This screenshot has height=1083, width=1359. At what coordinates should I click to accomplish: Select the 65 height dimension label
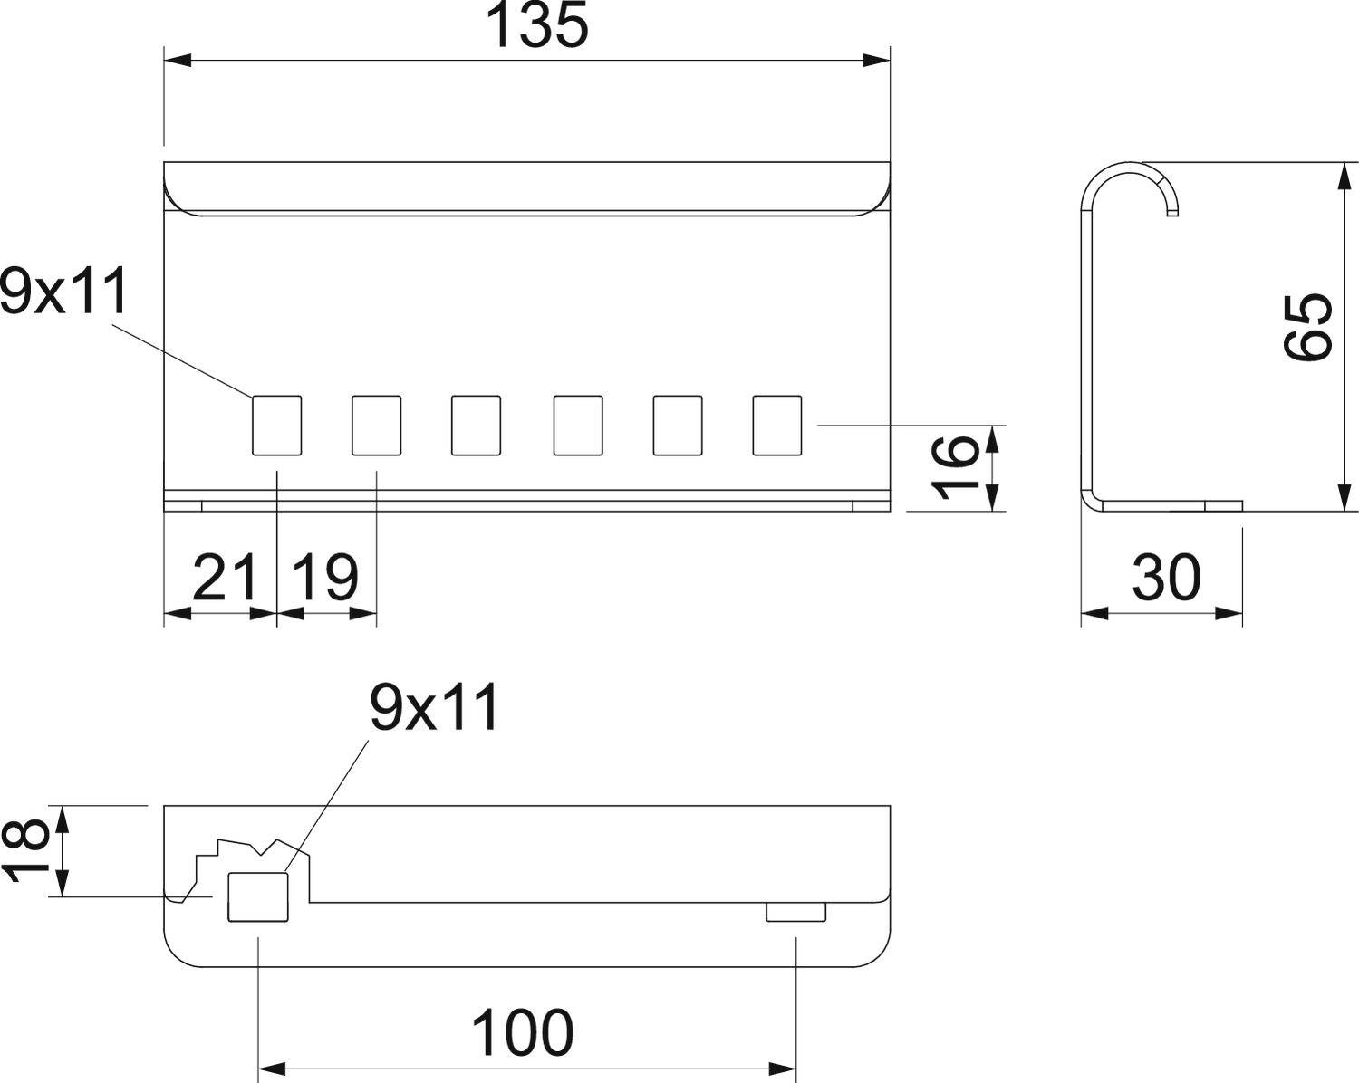[1308, 327]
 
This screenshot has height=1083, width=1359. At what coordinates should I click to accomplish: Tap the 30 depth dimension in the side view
[1166, 578]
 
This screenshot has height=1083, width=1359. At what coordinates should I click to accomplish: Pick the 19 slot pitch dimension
[325, 578]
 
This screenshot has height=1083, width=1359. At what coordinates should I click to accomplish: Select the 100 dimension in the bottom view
[523, 1032]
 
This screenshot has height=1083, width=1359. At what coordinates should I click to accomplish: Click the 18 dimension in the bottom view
[24, 849]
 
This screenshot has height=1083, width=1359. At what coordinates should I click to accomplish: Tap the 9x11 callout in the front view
[63, 292]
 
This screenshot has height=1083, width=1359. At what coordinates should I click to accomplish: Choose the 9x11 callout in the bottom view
[434, 708]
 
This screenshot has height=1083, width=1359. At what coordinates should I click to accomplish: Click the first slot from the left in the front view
[276, 425]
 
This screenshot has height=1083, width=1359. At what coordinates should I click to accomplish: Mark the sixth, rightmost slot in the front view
[777, 425]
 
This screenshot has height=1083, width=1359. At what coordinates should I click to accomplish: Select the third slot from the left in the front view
[476, 425]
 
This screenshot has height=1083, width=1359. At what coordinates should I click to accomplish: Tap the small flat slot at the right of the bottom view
[795, 912]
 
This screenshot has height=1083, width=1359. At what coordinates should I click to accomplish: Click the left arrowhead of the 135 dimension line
[178, 61]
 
